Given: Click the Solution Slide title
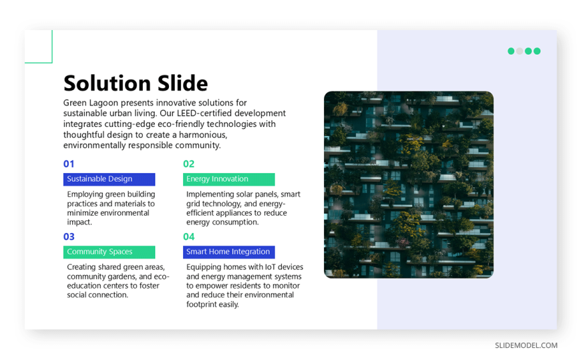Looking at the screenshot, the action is pos(136,83).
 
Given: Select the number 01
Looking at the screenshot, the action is pos(69,164).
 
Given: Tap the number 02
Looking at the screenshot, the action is pos(188,164).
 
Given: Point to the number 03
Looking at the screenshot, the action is pos(69,236).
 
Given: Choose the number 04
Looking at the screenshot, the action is pos(188,236).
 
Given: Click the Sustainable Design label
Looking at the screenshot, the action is pos(110,179).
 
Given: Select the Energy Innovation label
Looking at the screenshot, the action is pos(229,179).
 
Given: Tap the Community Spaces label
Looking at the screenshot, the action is pos(110,252).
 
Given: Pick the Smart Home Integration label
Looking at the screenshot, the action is pos(229,252).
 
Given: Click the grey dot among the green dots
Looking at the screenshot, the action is pos(520,51).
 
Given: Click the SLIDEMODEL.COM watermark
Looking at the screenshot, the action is pos(526,345).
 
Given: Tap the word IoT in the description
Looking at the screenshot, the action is pos(270,267).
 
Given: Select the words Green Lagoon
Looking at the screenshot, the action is pos(91,103).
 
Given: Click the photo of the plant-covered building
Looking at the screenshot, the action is pos(409,184).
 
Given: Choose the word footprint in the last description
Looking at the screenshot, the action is pos(203,305).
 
